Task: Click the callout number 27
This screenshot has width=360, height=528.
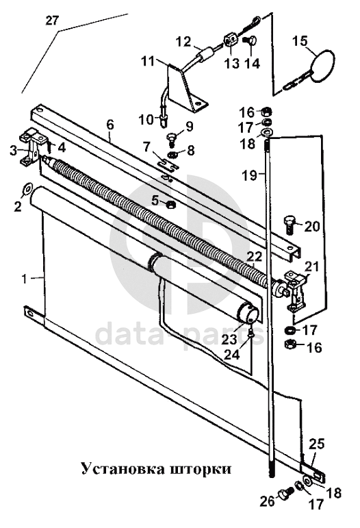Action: click(52, 21)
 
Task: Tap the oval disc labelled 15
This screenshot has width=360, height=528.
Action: click(323, 66)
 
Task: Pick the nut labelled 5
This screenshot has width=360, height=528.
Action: click(170, 203)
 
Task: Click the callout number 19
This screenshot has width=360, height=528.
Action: click(250, 175)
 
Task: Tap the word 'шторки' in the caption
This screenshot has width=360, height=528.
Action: click(201, 468)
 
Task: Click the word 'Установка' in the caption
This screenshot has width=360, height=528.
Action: click(123, 468)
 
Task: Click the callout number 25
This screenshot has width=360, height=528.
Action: click(317, 444)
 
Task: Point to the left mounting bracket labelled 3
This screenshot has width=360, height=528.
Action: click(32, 148)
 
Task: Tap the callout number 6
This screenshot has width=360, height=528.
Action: click(110, 125)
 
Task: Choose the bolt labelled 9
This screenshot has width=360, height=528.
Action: click(172, 140)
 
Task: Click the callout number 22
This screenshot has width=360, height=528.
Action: click(255, 257)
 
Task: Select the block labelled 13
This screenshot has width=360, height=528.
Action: click(230, 41)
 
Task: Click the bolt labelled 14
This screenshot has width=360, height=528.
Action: click(250, 42)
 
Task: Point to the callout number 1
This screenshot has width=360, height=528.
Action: click(24, 279)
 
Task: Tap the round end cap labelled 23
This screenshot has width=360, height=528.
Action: click(248, 312)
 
